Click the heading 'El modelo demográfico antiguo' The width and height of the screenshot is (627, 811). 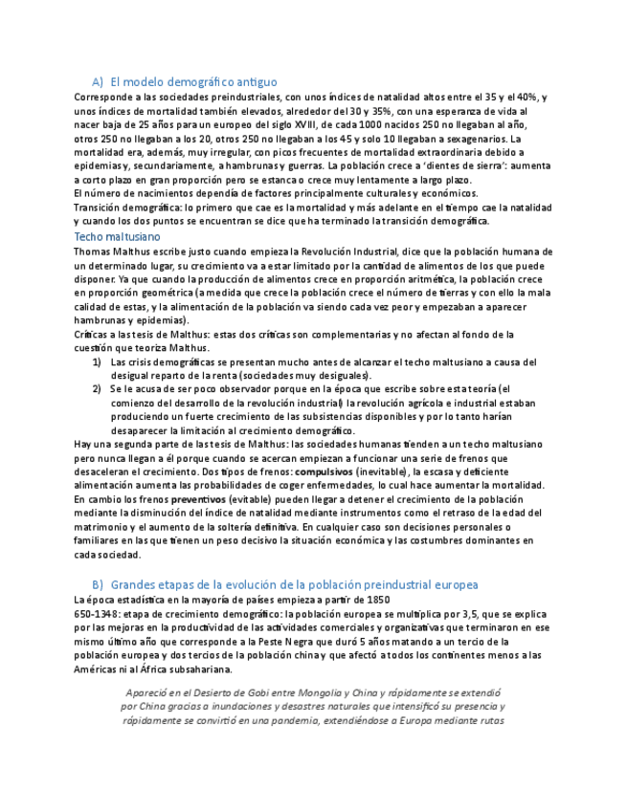tap(193, 82)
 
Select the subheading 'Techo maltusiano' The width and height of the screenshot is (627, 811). tap(117, 236)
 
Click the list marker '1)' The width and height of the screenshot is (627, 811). tap(98, 362)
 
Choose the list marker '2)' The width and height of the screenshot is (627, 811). tap(98, 389)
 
